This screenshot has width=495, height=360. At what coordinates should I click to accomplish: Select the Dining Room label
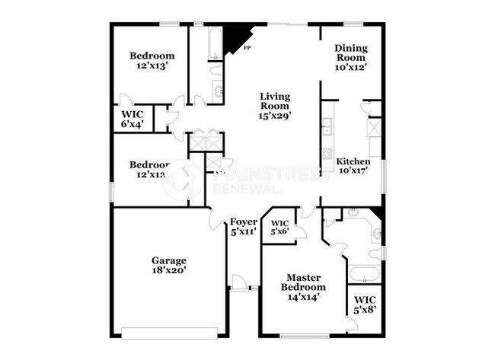(350, 53)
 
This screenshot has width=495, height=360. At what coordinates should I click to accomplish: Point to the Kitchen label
(353, 162)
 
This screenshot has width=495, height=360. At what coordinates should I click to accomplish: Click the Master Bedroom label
(305, 282)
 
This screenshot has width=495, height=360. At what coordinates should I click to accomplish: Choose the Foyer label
(243, 221)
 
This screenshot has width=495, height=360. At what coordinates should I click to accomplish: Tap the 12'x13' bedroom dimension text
(152, 66)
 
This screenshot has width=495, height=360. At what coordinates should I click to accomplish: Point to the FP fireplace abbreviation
(247, 49)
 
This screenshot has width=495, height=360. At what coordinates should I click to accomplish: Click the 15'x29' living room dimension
(275, 116)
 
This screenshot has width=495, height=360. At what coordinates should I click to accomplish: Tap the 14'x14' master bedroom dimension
(305, 297)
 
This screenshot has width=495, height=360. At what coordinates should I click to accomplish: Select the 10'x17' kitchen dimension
(353, 171)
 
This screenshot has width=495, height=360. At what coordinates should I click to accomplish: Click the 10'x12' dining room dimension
(350, 67)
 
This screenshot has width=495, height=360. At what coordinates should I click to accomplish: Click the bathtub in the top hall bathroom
(215, 43)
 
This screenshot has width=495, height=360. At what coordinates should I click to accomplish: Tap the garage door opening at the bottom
(170, 330)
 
